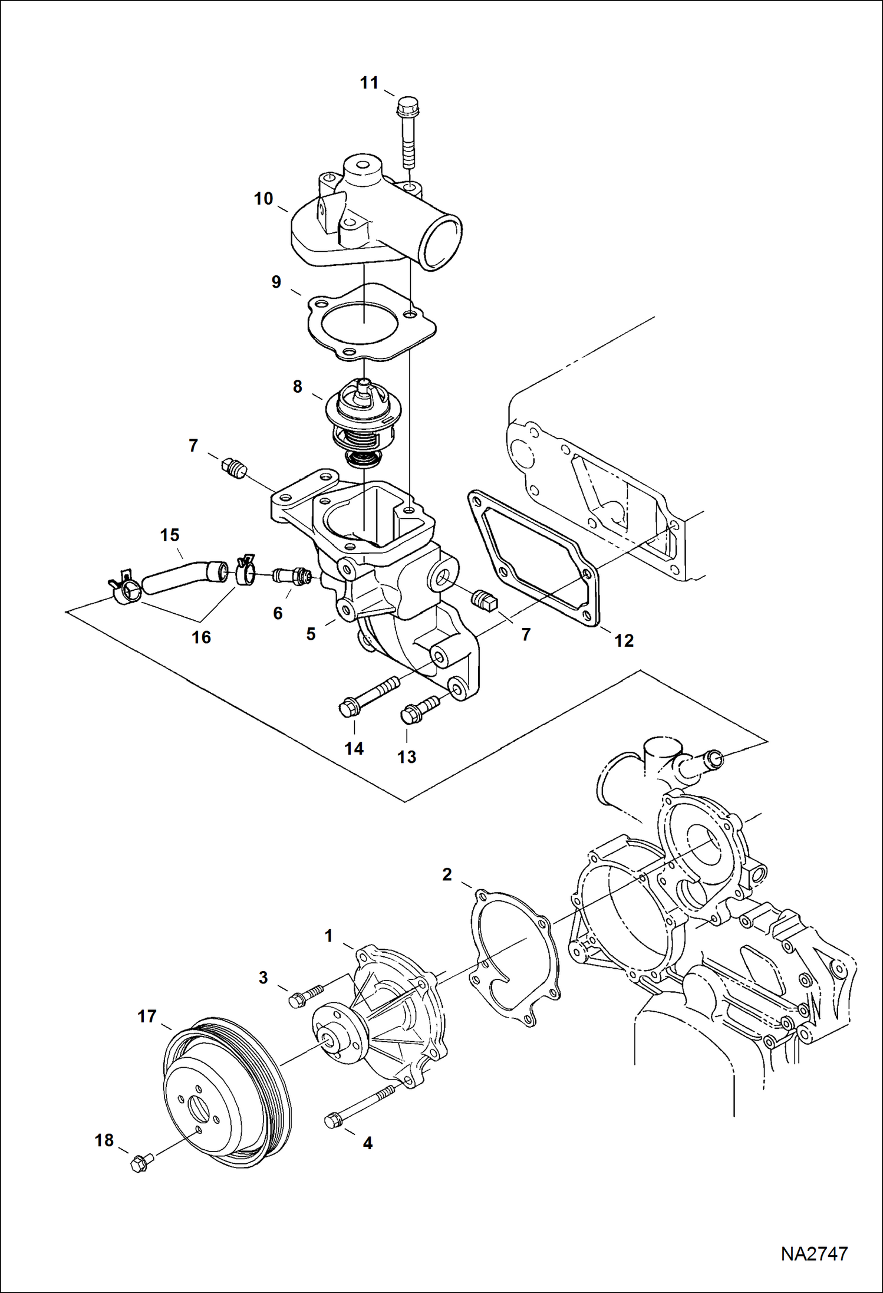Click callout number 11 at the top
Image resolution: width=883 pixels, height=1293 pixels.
[x=369, y=83]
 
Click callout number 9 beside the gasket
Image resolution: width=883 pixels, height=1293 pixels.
[x=276, y=282]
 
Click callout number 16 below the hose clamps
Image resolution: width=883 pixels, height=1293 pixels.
[x=202, y=637]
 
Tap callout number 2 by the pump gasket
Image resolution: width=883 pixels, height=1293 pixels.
[x=447, y=874]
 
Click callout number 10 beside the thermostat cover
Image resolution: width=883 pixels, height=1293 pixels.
[x=263, y=199]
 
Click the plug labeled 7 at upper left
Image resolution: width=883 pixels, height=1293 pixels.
[x=234, y=468]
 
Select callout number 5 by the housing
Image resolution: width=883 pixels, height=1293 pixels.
[x=311, y=634]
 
